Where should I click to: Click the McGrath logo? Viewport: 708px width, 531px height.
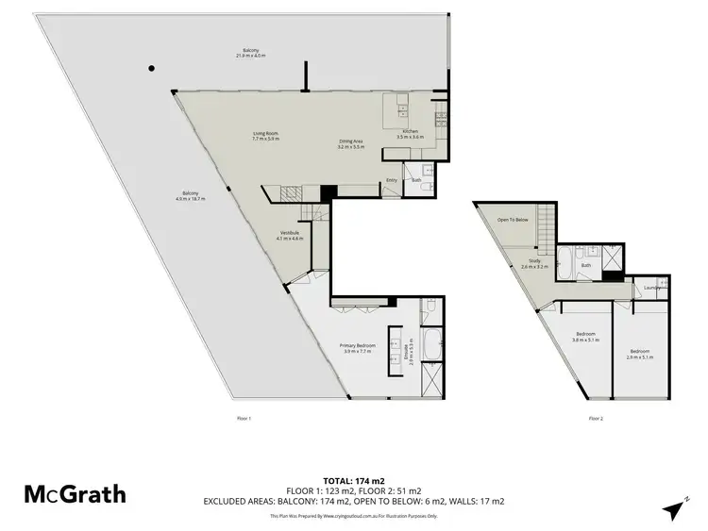tap(75, 493)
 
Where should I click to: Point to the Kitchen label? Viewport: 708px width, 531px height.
tap(411, 133)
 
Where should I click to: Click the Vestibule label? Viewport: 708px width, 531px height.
tap(289, 236)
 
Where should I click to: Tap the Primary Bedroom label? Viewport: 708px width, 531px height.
tap(358, 348)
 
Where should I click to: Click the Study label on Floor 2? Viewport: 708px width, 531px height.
tap(534, 264)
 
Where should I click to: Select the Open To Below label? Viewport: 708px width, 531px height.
tap(513, 220)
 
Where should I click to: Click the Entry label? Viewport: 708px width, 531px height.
tap(391, 179)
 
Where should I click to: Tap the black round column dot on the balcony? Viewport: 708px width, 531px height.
tap(150, 68)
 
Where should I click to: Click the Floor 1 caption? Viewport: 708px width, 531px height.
tap(244, 417)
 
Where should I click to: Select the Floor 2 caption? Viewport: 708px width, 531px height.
tap(596, 417)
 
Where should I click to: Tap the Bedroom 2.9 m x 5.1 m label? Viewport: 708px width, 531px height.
tap(642, 354)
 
